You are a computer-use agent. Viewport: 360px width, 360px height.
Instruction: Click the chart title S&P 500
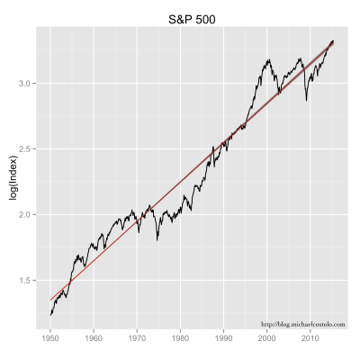(195, 18)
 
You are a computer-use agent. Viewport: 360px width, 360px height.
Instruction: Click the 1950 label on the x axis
(50, 341)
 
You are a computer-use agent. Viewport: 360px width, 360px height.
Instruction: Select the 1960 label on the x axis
(94, 341)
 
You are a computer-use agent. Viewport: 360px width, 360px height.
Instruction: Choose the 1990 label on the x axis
(224, 341)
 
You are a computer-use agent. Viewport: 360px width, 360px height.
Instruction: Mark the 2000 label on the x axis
(267, 341)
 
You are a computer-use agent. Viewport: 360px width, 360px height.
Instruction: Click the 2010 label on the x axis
(310, 341)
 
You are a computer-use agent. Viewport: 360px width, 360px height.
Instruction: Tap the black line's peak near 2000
(268, 60)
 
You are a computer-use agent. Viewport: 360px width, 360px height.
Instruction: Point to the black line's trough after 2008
(306, 100)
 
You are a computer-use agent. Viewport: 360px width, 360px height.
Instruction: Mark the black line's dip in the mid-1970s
(157, 240)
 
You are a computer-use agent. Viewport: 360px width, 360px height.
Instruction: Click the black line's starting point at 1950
(50, 314)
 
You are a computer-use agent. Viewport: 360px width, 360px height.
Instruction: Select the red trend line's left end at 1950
(50, 299)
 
